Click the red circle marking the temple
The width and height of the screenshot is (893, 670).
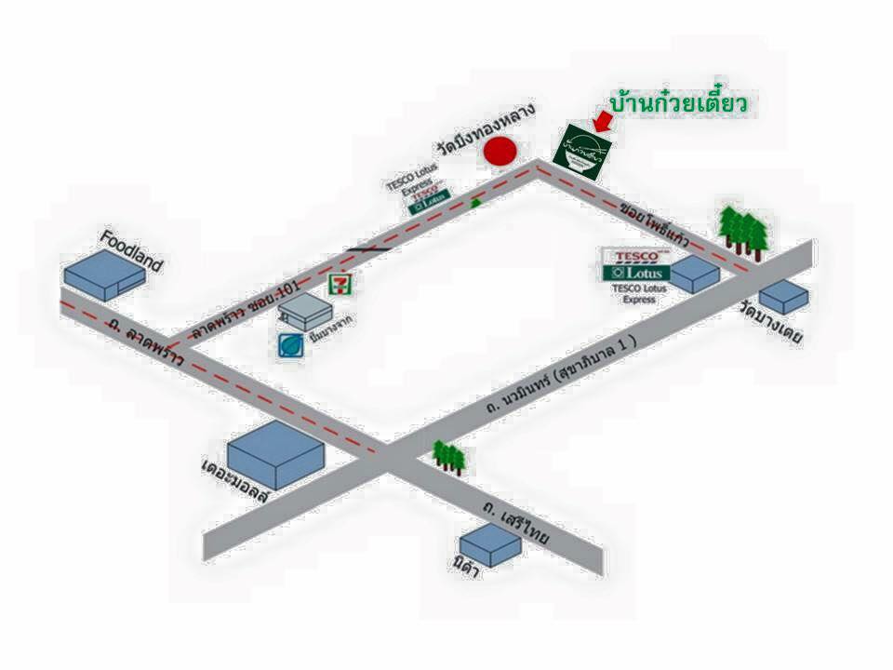tap(501, 152)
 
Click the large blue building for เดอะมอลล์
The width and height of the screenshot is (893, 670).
tap(275, 453)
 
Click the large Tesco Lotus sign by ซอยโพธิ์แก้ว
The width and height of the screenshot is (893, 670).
tap(636, 264)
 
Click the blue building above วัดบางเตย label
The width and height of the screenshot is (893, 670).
tap(783, 296)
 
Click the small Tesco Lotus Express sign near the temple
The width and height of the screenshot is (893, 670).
tap(430, 194)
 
